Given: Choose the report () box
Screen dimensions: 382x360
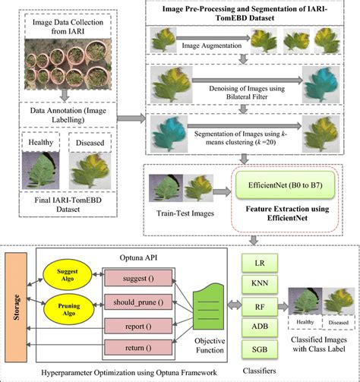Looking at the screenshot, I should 135,327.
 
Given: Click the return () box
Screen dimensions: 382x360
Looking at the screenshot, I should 135,349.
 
